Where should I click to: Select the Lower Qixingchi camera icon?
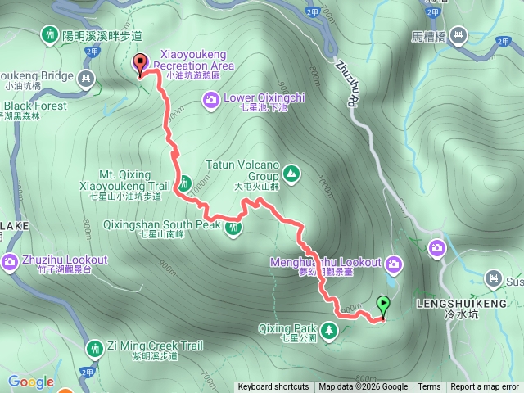coord(211,100)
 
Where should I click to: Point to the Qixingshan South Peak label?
coord(162,224)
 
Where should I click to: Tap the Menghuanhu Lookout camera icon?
coord(395,264)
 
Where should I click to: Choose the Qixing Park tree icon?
coord(328,330)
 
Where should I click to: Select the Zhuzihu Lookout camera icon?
coord(10,263)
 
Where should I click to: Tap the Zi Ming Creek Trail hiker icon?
coord(95,349)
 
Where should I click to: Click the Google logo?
coord(31,382)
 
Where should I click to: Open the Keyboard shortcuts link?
coord(273,387)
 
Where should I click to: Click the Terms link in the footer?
coord(429,387)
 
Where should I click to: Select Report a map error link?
coord(485,387)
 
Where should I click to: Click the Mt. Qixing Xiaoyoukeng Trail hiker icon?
coord(185,182)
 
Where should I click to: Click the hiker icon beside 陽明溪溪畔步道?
coord(47,34)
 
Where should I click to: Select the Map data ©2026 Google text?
coord(364,387)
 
